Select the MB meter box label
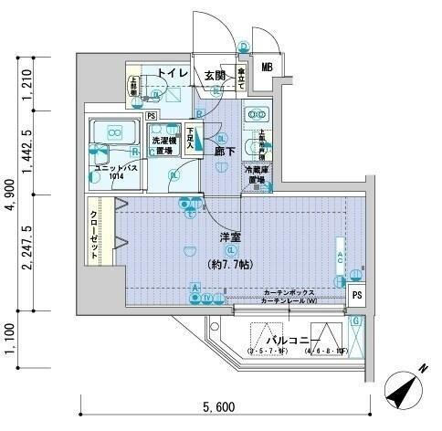click(267, 67)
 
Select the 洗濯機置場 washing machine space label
click(165, 145)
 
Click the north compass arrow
click(405, 394)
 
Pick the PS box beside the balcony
click(358, 294)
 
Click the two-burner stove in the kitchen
click(256, 116)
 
